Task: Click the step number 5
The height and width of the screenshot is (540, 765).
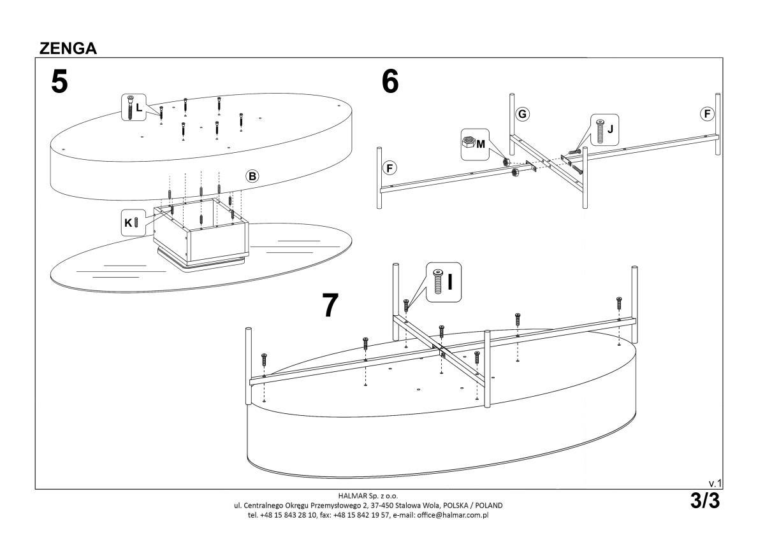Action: point(59,83)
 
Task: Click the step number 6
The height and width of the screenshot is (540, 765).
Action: point(390,82)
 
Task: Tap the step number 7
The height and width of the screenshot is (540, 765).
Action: point(330,305)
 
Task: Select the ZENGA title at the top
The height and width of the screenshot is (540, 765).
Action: point(68,49)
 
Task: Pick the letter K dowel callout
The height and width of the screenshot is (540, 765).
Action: point(128,222)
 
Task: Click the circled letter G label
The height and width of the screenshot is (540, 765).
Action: point(522,114)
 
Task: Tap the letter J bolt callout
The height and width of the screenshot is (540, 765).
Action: point(610,129)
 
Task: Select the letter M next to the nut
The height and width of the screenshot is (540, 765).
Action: point(481,144)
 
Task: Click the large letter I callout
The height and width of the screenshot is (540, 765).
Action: point(450,280)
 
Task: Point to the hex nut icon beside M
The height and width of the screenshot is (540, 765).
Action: point(468,143)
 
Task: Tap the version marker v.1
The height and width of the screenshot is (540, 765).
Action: point(715,484)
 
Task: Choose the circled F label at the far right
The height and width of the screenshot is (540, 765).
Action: point(706,114)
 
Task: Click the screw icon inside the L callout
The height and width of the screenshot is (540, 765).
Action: point(130,106)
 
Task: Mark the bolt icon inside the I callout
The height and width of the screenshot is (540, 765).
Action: point(437,281)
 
